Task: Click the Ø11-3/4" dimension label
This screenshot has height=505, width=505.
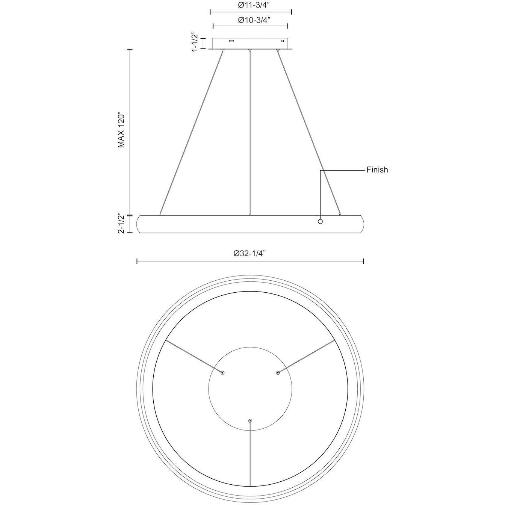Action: (251, 6)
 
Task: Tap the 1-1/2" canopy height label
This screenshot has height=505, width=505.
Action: (195, 42)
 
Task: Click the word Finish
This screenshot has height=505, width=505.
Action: (377, 170)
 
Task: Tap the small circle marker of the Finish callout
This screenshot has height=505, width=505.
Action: (320, 221)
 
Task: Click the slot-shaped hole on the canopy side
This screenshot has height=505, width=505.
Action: (232, 41)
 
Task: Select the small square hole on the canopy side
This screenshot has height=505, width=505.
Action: (283, 41)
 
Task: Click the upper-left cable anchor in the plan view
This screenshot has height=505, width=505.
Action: (223, 373)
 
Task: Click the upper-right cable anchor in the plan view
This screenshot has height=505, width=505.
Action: (278, 373)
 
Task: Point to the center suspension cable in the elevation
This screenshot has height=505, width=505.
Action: (250, 132)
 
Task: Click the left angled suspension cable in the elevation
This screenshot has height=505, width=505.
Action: (192, 132)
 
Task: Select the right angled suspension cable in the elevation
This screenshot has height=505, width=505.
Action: (309, 132)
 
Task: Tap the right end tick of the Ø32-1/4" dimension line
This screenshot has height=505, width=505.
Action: (363, 261)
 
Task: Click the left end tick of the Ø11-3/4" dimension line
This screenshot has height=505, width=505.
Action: (210, 12)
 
